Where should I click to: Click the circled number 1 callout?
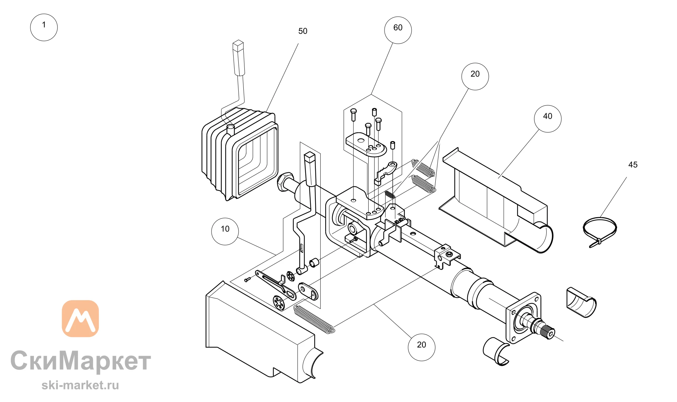[x=44, y=27]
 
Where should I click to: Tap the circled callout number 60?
[x=398, y=30]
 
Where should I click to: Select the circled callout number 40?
[x=548, y=119]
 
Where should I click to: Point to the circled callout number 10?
[x=225, y=231]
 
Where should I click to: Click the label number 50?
[x=303, y=31]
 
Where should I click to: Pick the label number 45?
[x=633, y=165]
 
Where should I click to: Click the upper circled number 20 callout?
[x=475, y=76]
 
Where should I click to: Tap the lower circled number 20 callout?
[x=421, y=347]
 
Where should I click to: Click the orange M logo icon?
[x=80, y=318]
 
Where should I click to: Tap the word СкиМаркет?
[x=81, y=361]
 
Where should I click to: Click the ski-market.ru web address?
[x=80, y=385]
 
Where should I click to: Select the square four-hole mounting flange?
[x=523, y=318]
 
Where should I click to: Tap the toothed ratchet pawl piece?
[x=386, y=173]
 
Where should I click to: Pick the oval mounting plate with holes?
[x=366, y=144]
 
